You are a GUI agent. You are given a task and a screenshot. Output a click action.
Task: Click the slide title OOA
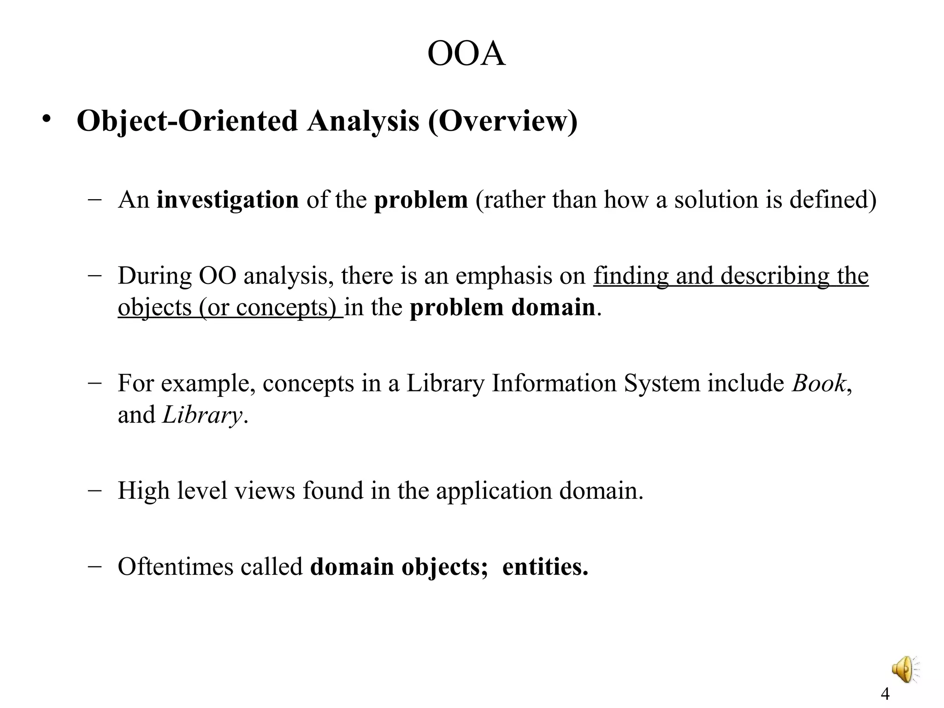click(x=466, y=54)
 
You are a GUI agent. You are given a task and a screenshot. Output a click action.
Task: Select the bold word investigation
click(x=228, y=200)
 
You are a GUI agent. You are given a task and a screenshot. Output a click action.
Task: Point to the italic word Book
click(x=819, y=383)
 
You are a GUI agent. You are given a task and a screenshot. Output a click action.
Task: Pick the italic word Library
click(x=202, y=415)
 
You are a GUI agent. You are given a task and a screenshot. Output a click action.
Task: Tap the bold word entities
click(x=545, y=566)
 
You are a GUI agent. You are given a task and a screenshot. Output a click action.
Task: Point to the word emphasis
click(x=504, y=276)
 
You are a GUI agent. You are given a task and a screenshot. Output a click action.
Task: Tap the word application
click(x=494, y=490)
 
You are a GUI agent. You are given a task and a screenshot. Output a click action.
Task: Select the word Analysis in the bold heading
click(x=363, y=121)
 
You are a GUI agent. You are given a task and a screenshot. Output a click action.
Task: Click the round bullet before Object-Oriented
click(x=46, y=119)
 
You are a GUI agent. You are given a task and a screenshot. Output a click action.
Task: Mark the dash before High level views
click(x=94, y=490)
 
